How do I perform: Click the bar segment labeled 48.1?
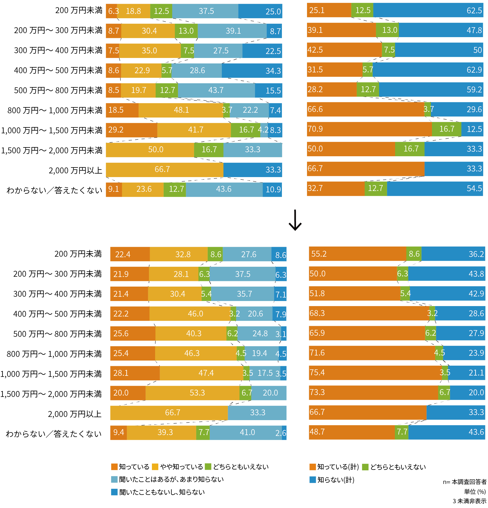(x=181, y=110)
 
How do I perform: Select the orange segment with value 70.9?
(x=369, y=129)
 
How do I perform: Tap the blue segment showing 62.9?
(x=428, y=70)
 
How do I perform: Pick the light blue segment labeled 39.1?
(x=232, y=31)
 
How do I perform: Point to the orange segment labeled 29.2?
(x=131, y=130)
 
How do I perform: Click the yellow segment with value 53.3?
(x=192, y=393)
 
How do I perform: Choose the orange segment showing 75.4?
(x=375, y=373)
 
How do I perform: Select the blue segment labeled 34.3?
(x=252, y=71)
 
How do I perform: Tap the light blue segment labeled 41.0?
(x=246, y=432)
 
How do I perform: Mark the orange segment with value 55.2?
(x=357, y=254)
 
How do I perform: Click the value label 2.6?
(x=281, y=433)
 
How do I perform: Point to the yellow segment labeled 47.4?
(x=202, y=373)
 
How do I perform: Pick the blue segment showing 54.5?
(x=435, y=189)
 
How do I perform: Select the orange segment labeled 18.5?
(x=122, y=110)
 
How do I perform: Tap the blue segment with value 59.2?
(x=431, y=89)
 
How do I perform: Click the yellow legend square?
(x=155, y=467)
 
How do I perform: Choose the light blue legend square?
(x=114, y=479)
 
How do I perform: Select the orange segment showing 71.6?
(x=372, y=353)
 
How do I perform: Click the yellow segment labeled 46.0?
(x=190, y=314)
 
